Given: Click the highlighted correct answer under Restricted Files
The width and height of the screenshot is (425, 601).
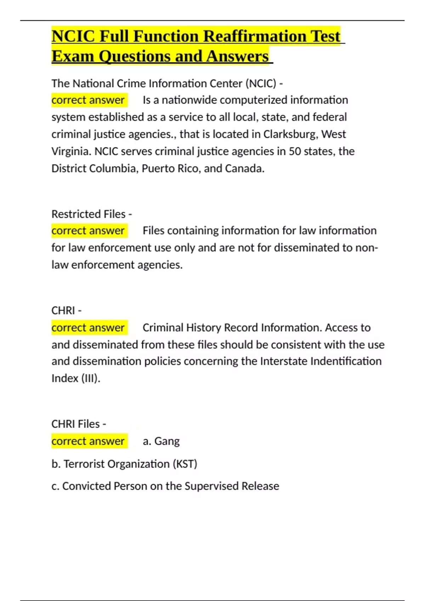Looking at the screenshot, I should pyautogui.click(x=88, y=231).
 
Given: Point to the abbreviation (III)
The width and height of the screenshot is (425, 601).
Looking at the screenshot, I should pyautogui.click(x=91, y=378).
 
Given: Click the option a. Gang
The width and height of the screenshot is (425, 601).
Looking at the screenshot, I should pyautogui.click(x=161, y=441).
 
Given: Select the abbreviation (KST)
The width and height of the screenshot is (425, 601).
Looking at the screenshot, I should pyautogui.click(x=185, y=464).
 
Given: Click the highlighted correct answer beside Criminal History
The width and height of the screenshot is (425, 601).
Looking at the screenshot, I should pyautogui.click(x=88, y=328).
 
